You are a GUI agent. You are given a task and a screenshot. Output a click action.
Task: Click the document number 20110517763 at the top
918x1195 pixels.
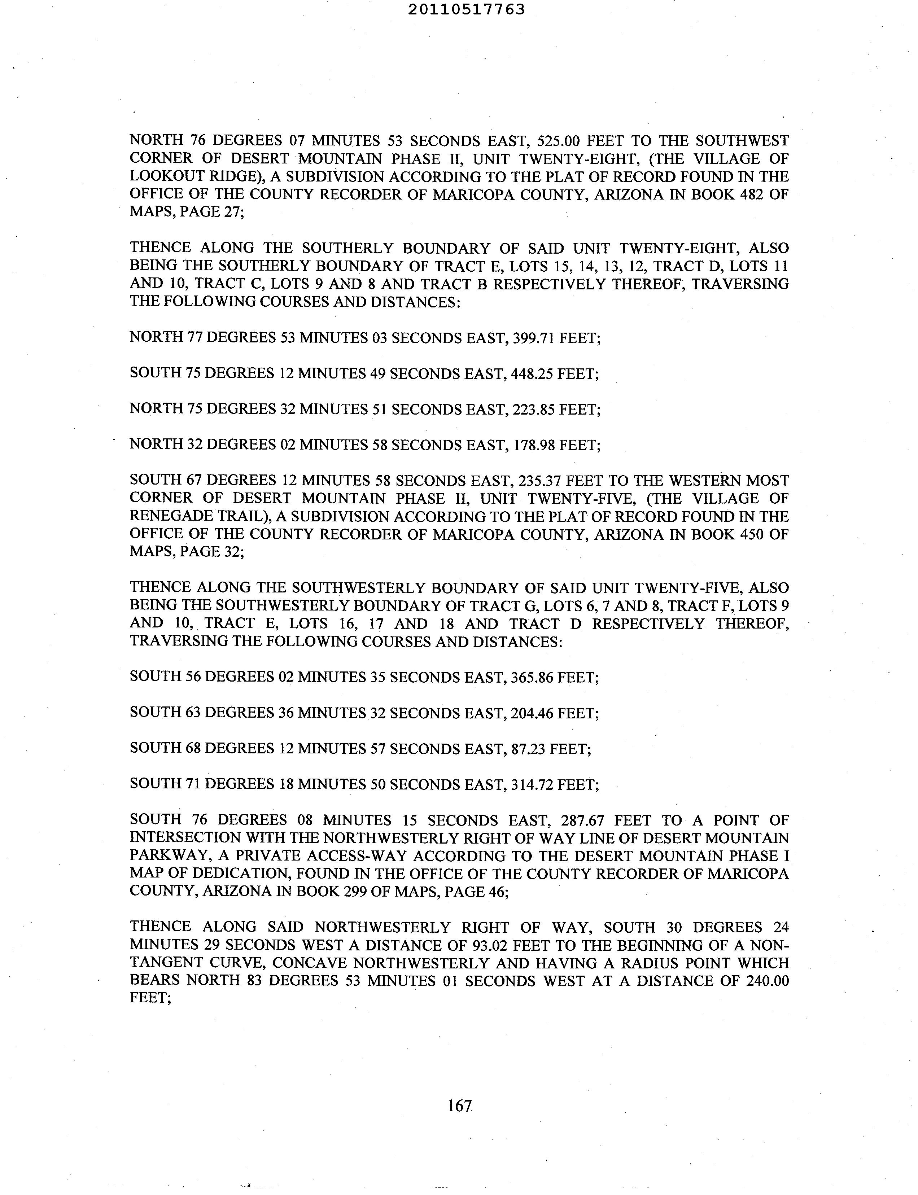[x=466, y=9]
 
